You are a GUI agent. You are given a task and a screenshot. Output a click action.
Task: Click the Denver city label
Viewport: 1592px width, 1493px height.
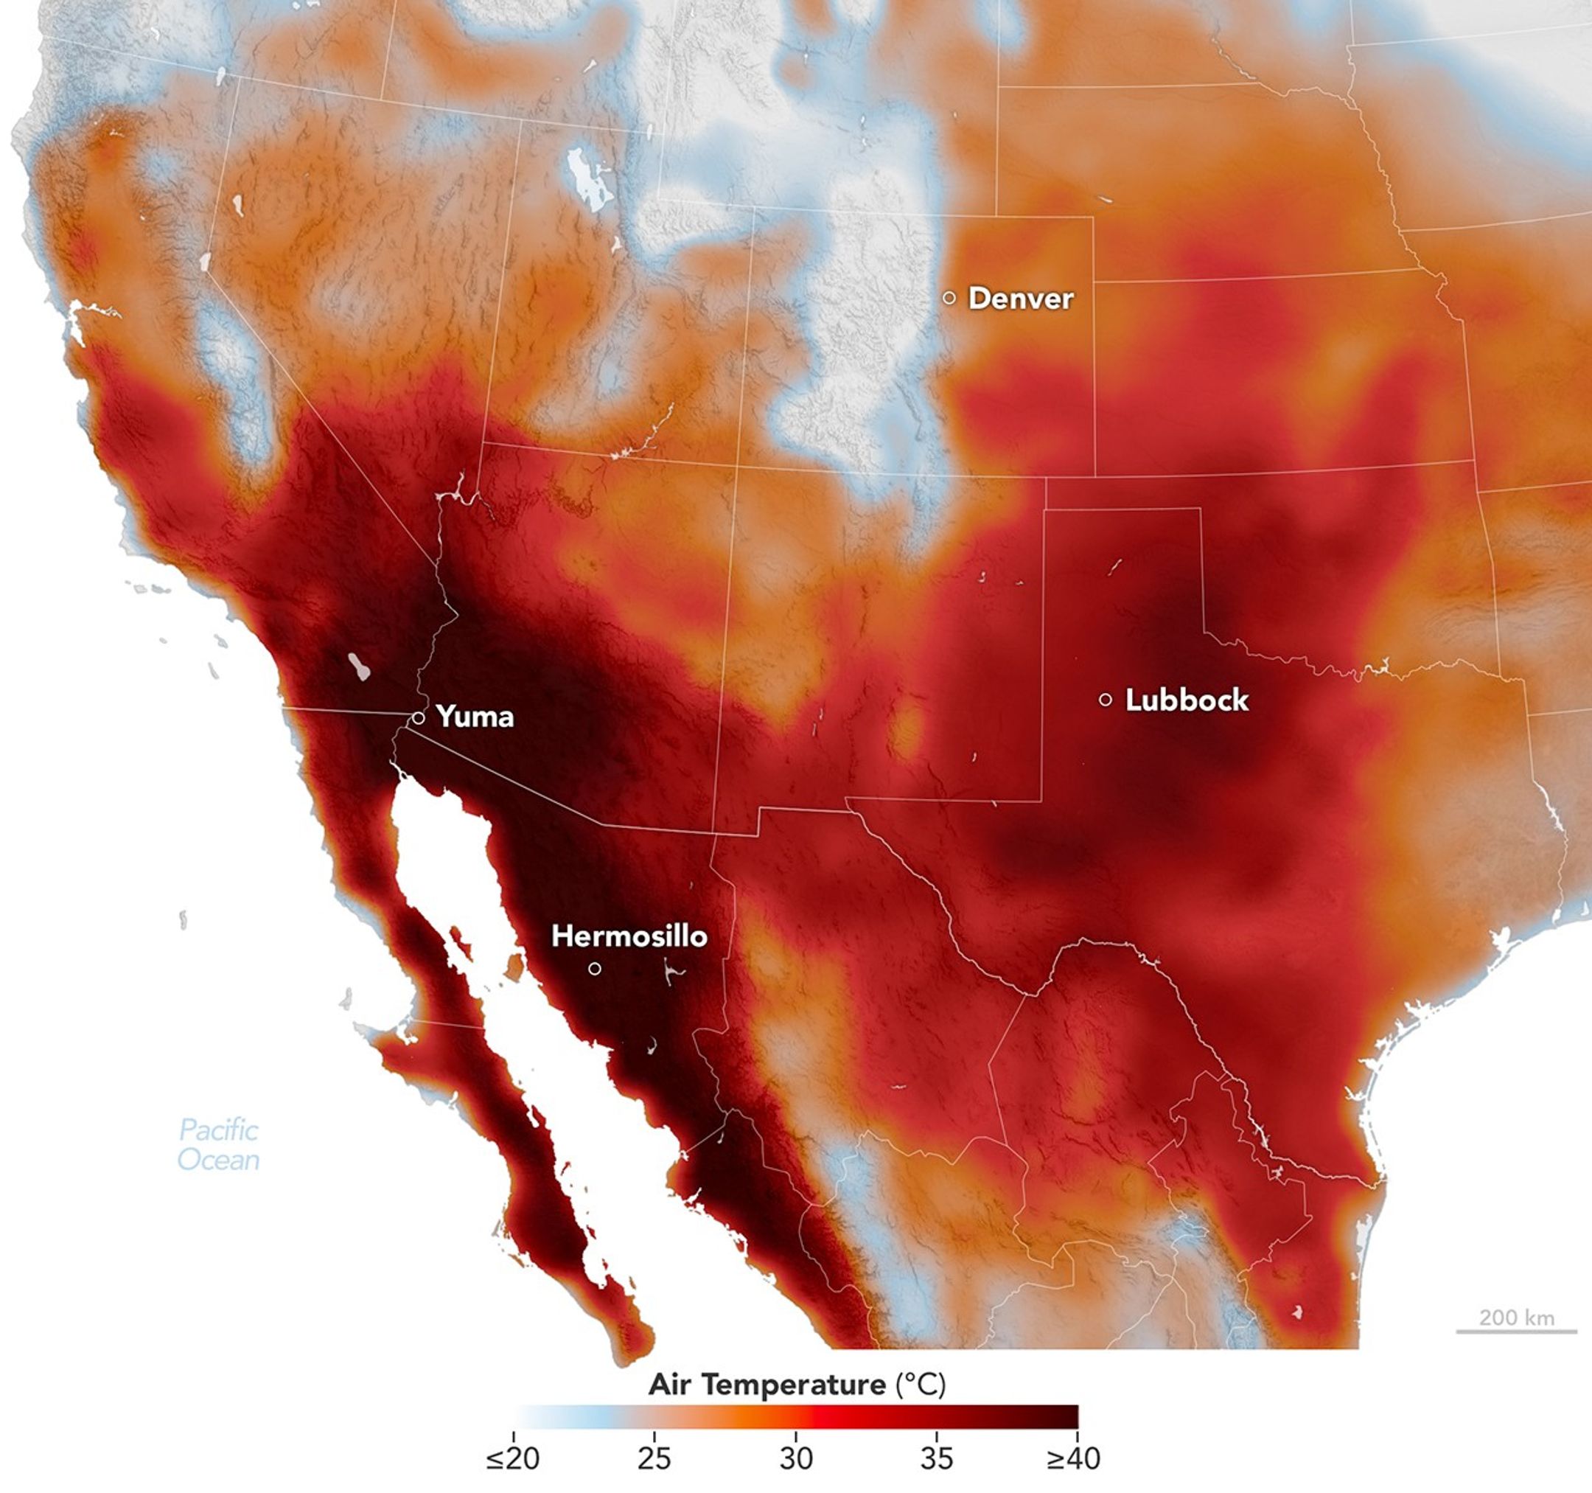[1020, 299]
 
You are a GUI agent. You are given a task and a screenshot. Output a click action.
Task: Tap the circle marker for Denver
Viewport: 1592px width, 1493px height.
[949, 297]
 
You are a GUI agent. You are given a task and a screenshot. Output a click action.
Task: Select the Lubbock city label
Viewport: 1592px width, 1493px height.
[1186, 700]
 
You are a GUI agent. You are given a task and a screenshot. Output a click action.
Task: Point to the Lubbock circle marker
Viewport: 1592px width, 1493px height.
[1105, 699]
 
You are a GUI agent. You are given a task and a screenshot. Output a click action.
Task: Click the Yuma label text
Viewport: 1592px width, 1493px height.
[475, 717]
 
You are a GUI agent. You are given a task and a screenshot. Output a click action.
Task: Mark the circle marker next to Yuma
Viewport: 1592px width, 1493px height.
[418, 717]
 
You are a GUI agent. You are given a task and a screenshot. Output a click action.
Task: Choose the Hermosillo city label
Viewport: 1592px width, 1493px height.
[629, 936]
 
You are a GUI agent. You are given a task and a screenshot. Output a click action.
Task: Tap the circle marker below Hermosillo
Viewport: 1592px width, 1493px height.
[594, 968]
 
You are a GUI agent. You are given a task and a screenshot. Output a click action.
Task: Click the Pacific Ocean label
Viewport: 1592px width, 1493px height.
[218, 1144]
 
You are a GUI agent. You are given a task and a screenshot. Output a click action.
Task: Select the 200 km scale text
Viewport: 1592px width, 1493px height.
[1516, 1318]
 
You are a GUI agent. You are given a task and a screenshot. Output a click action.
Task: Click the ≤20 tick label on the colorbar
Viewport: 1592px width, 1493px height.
[512, 1458]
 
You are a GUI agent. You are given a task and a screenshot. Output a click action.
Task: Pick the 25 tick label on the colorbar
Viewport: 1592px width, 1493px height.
[654, 1458]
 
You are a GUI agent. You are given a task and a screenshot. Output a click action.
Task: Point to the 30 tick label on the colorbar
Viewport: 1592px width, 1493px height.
[795, 1458]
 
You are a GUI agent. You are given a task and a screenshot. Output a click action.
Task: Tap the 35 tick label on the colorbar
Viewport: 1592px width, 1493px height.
[936, 1458]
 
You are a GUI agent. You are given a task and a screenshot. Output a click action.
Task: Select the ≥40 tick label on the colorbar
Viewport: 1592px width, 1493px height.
[1073, 1458]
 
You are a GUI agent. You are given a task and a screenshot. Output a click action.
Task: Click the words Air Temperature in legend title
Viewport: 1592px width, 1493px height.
[767, 1384]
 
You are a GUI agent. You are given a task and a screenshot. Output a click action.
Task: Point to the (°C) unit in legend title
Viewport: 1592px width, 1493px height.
[920, 1384]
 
